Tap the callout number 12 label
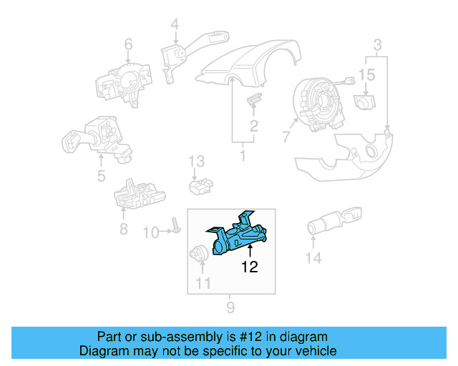click(249, 268)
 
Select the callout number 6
click(128, 46)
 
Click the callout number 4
click(175, 26)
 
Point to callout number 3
click(377, 47)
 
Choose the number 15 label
click(366, 74)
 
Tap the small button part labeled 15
click(366, 102)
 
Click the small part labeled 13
click(200, 186)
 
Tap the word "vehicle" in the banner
click(313, 351)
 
